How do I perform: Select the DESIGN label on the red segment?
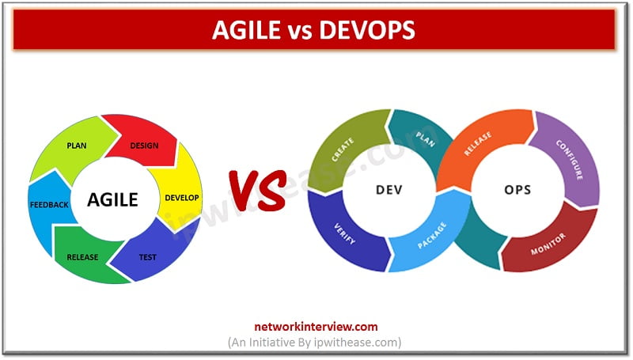(143, 146)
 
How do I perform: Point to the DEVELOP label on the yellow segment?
(181, 197)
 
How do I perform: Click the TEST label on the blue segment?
(148, 257)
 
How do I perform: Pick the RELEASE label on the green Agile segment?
(83, 257)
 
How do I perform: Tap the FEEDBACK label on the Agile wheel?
(48, 205)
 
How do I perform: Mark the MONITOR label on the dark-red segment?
(549, 238)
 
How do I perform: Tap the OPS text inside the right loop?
(517, 191)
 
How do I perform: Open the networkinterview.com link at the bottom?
(315, 326)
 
